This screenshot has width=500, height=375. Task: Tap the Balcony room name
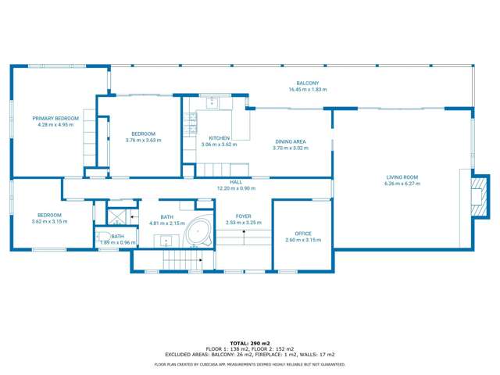(x=307, y=84)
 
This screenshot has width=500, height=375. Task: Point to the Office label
(x=303, y=234)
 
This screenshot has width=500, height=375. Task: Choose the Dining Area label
(x=290, y=141)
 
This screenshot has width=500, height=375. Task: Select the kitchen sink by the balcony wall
(x=212, y=102)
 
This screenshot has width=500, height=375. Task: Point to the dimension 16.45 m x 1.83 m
(x=307, y=90)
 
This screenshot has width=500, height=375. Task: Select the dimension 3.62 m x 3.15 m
(x=50, y=222)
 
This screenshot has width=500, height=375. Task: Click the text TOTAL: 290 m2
(x=250, y=342)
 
